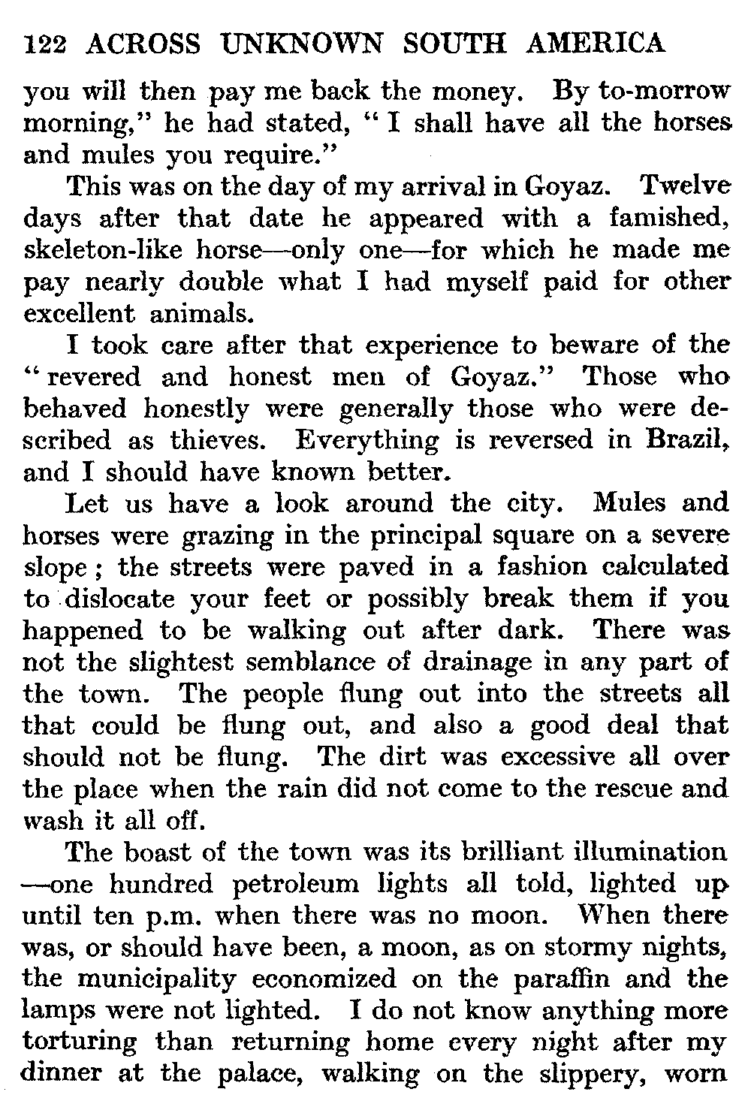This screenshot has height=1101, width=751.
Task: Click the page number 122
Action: [47, 45]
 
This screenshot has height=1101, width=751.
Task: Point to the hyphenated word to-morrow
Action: [663, 92]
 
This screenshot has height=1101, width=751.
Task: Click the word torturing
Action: [80, 1043]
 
